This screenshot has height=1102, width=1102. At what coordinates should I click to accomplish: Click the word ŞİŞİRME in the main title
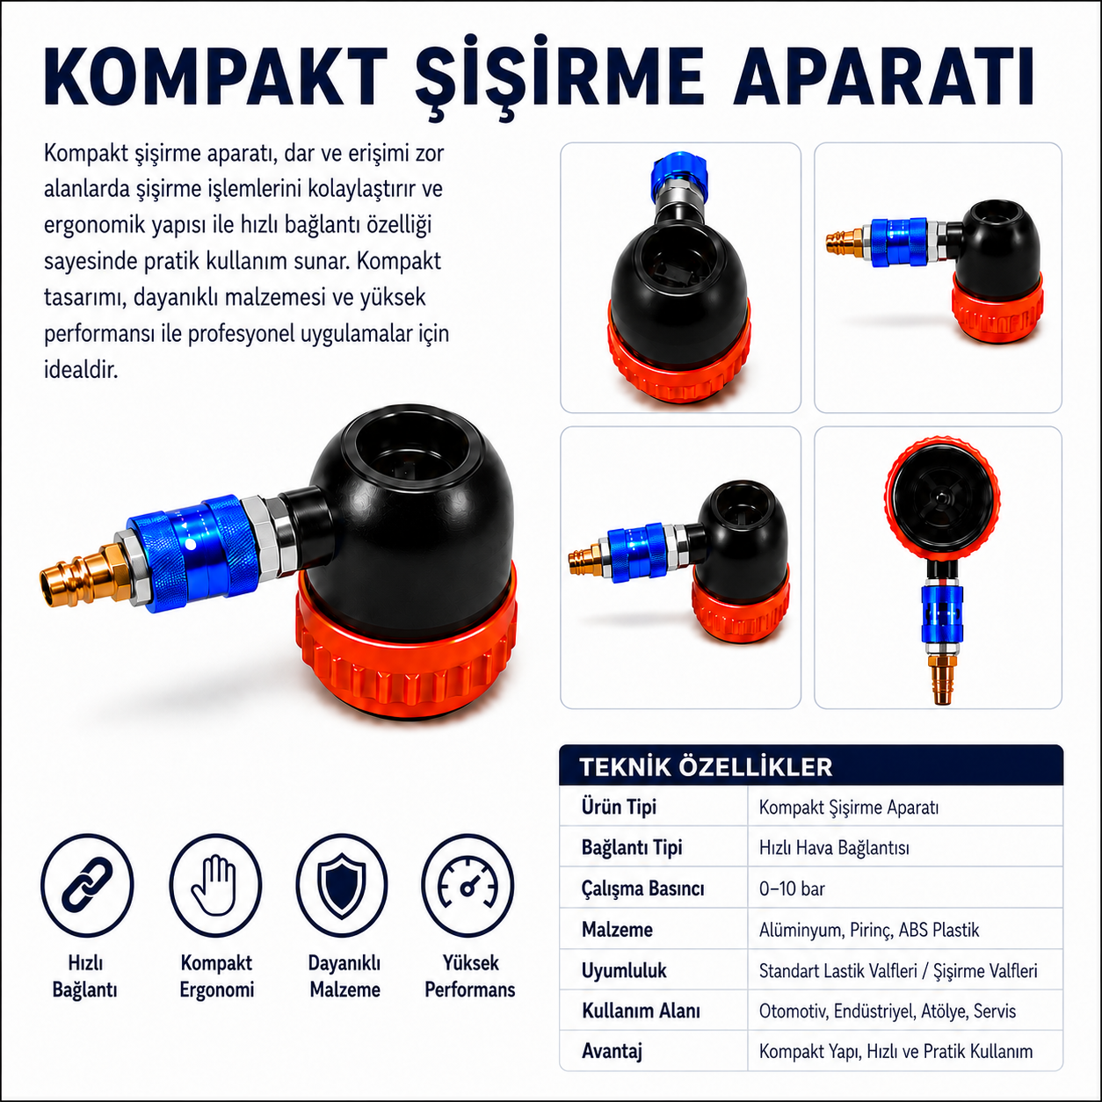[558, 77]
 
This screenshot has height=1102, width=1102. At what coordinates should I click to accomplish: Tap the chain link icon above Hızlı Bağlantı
[87, 885]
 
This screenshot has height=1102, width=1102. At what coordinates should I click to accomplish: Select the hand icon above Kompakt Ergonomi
[215, 885]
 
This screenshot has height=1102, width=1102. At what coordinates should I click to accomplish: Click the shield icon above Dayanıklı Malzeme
[342, 885]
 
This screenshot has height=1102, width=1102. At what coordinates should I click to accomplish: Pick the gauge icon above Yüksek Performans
[468, 885]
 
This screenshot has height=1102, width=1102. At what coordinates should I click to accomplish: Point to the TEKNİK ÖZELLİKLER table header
[706, 767]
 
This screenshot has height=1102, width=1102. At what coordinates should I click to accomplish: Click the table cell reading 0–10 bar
[792, 888]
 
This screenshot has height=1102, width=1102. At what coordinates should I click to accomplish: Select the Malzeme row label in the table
[617, 929]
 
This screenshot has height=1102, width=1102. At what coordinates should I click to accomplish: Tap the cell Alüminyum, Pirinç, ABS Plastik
[868, 930]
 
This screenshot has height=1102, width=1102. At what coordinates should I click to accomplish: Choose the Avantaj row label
[612, 1051]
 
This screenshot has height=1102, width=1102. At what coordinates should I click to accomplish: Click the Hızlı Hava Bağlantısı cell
[834, 847]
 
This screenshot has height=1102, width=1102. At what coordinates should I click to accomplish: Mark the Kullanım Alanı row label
[641, 1011]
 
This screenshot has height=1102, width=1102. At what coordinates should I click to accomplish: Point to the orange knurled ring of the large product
[406, 652]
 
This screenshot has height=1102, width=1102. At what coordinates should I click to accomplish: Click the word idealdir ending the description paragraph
[81, 370]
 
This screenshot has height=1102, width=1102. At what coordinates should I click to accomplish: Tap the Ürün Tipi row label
[619, 807]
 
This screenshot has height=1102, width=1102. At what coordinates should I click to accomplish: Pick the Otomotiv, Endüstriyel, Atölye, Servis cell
[887, 1011]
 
